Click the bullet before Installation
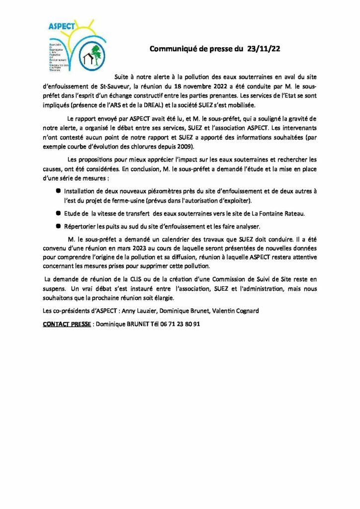[58, 191]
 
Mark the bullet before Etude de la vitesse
[58, 213]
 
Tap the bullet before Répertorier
[58, 226]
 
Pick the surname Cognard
[244, 311]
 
